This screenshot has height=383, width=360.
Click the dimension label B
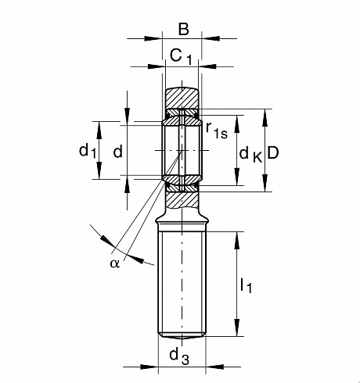[x=184, y=29]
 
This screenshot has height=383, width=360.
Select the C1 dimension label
[x=181, y=57]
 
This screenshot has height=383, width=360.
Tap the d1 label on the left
[x=88, y=151]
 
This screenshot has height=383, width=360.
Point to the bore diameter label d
[x=118, y=151]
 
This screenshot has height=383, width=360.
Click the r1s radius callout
[x=217, y=130]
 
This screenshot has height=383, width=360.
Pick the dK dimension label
[x=250, y=155]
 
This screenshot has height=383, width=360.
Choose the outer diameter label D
[x=273, y=152]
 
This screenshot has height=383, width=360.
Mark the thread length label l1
[x=246, y=285]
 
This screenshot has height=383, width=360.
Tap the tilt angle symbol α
[x=115, y=263]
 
